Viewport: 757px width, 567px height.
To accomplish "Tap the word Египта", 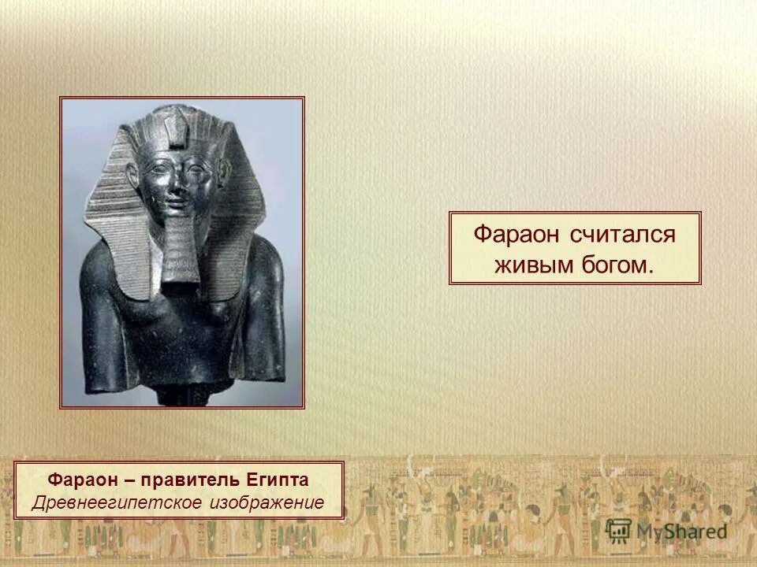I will [x=277, y=480].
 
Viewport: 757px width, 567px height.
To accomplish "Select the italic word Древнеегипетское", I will [x=116, y=502].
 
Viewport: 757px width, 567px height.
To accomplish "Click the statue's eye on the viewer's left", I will [x=160, y=169].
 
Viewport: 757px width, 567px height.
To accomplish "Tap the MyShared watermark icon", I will [x=619, y=530].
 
